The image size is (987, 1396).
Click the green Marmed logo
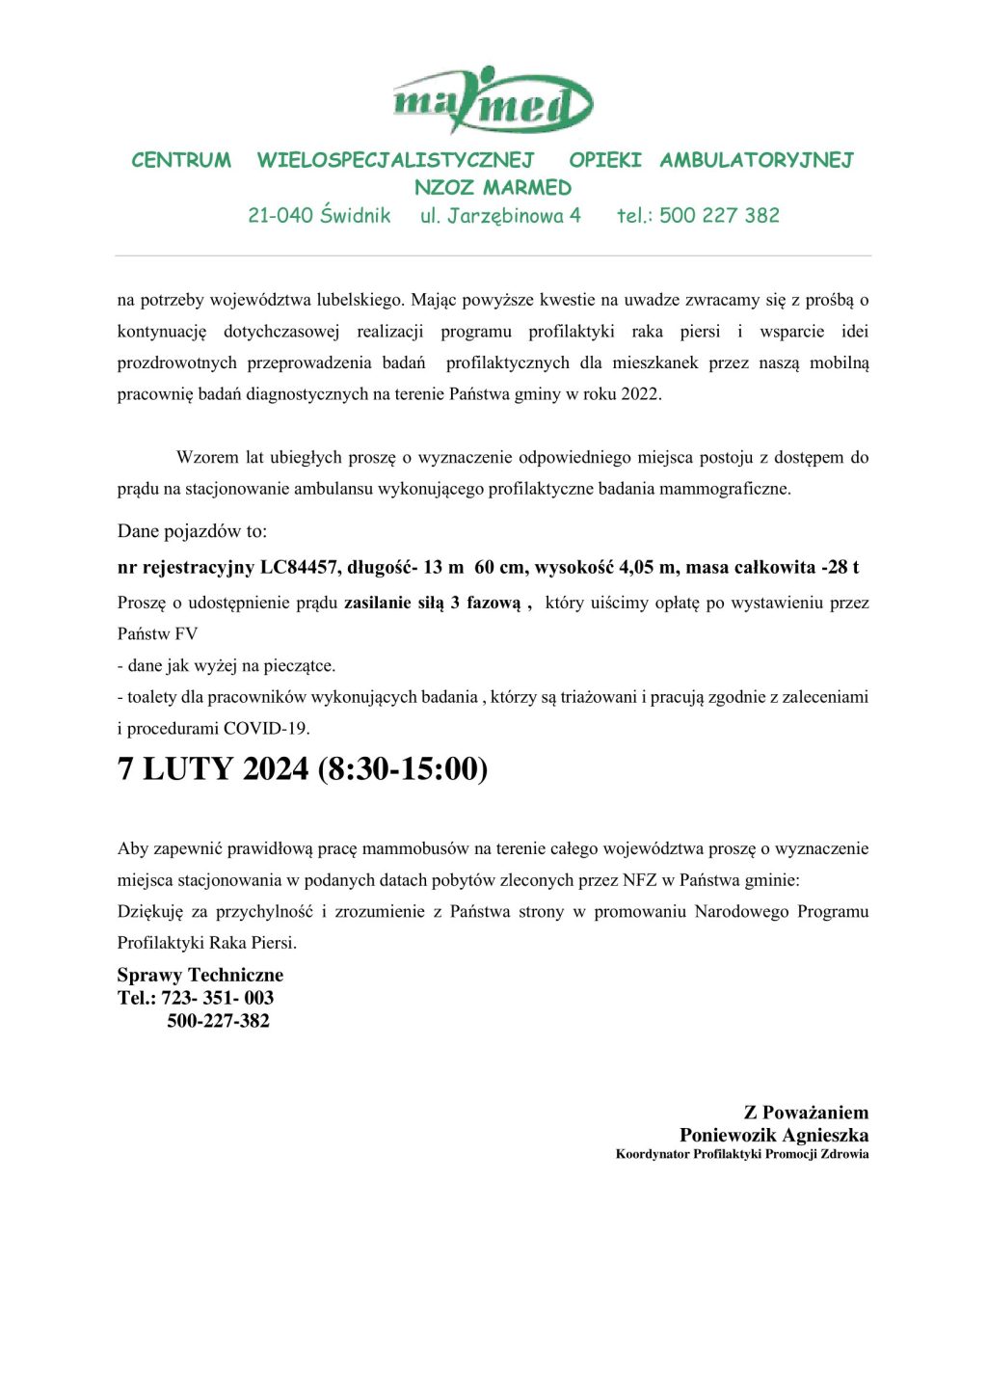(493, 101)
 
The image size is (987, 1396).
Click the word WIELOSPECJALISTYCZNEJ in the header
(395, 160)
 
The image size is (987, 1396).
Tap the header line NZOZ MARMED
(493, 188)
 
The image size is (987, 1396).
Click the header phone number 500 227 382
(719, 216)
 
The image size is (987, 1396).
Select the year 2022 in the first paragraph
(640, 393)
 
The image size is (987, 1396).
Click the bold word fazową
(493, 603)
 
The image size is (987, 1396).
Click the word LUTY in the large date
(188, 768)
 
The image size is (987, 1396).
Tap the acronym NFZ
(639, 879)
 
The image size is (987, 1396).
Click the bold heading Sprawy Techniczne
(200, 975)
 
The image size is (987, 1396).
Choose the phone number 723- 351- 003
(217, 998)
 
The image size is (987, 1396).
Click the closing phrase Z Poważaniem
(806, 1112)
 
